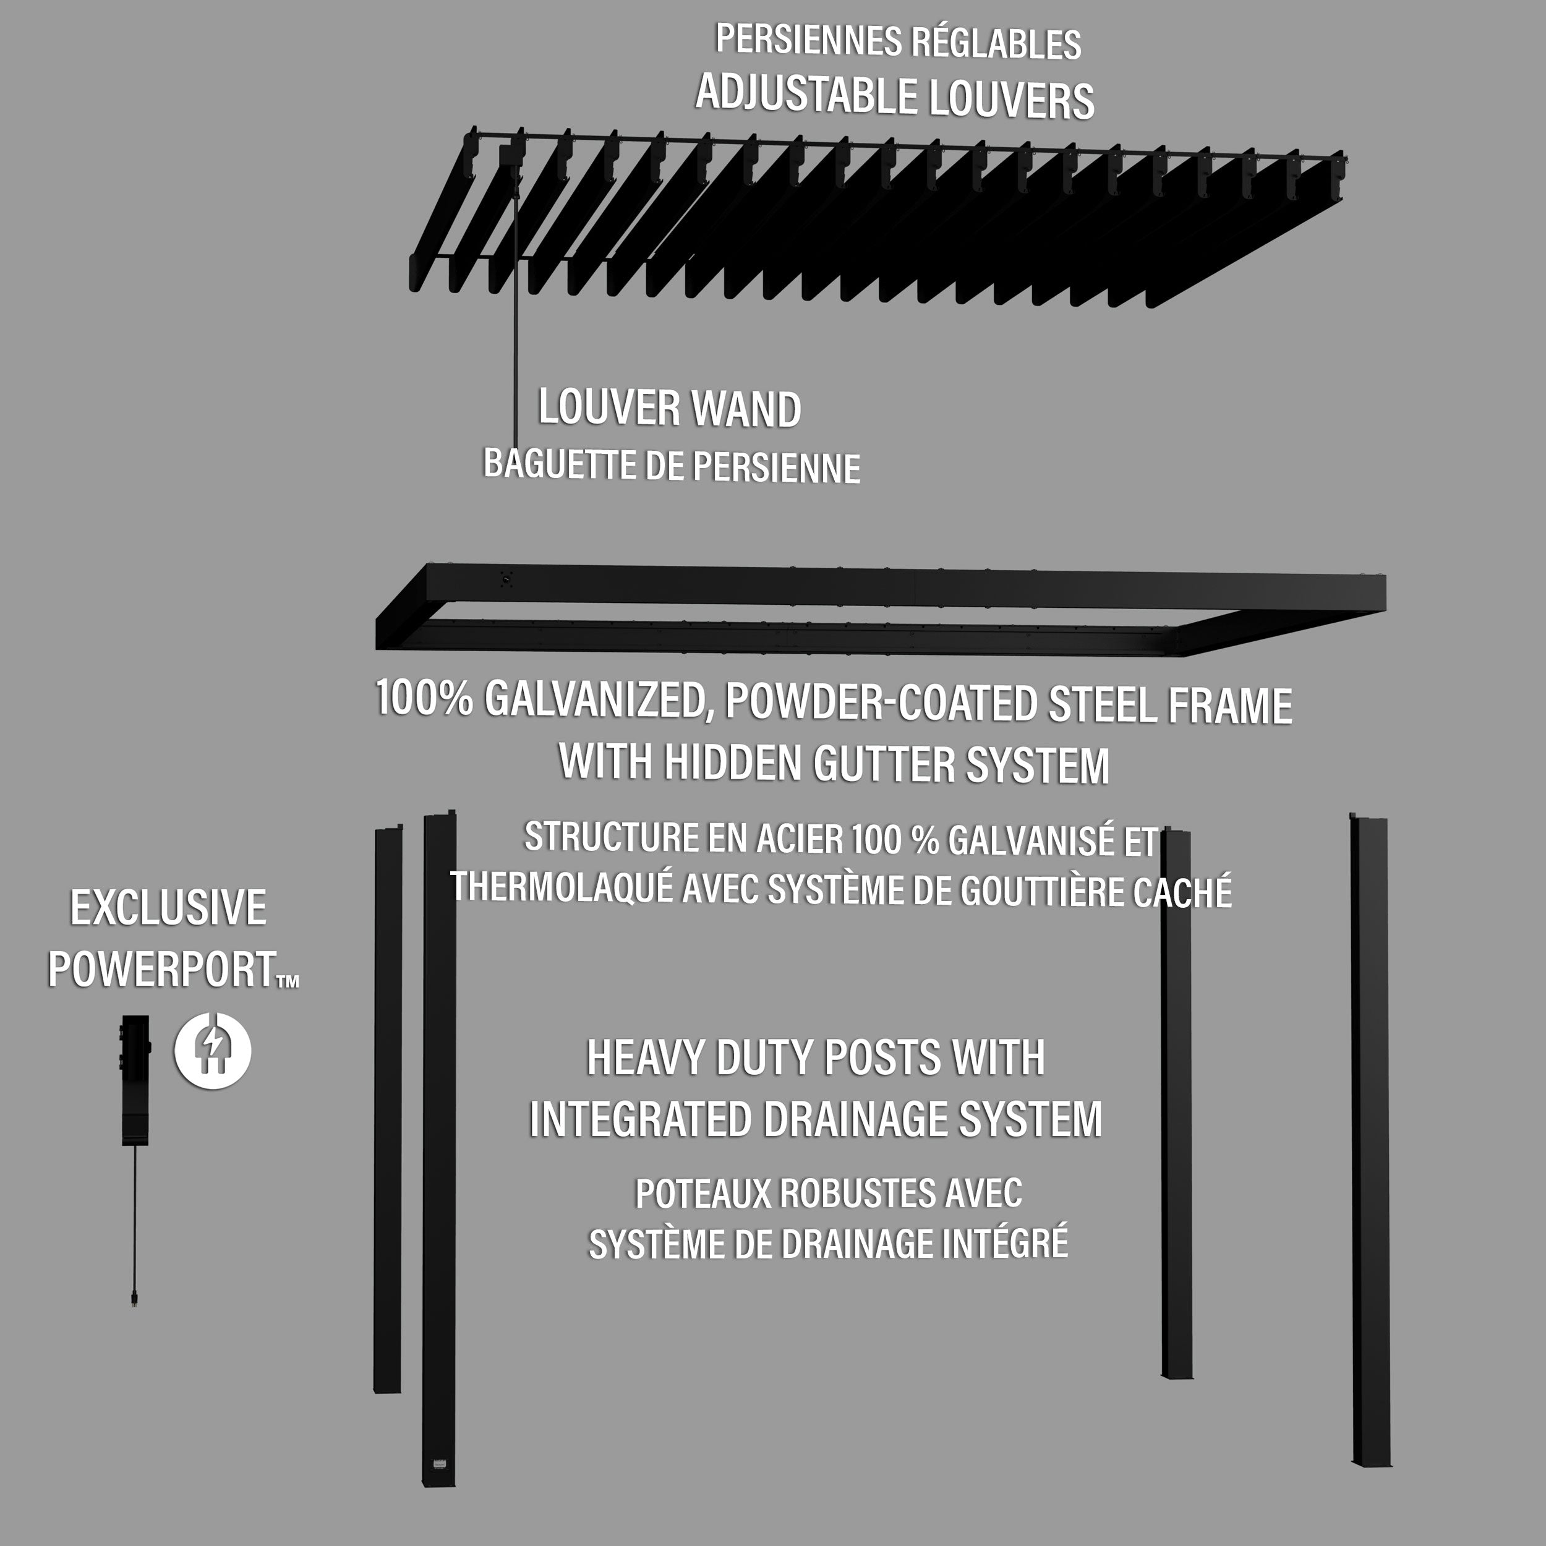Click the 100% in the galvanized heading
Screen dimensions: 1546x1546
tap(424, 698)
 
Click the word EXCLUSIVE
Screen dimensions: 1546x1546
tap(168, 908)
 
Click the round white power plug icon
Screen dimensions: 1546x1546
tap(213, 1050)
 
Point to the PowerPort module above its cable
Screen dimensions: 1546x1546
tap(135, 1080)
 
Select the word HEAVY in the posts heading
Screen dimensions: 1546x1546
tap(647, 1058)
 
